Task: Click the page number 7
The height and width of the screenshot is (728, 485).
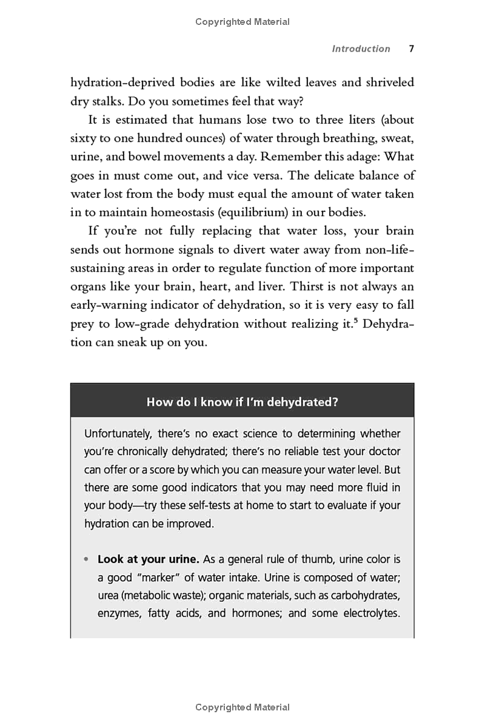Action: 411,49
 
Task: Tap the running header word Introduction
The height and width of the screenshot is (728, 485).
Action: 361,49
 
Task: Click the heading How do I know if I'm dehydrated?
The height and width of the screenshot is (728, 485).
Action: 242,401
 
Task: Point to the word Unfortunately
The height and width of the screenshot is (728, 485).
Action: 118,434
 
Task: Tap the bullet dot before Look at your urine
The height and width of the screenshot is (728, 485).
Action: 87,559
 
